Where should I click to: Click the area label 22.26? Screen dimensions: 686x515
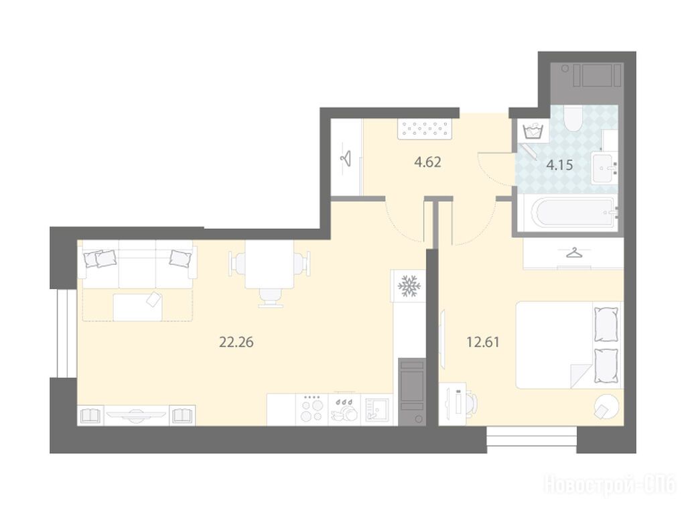(x=236, y=342)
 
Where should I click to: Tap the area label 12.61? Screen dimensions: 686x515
(x=483, y=342)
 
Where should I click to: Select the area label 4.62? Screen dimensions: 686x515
(x=427, y=162)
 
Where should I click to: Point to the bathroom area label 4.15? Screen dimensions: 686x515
(x=560, y=166)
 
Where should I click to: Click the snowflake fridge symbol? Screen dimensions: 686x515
(x=409, y=286)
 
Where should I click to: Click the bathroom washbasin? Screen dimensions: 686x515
(x=605, y=168)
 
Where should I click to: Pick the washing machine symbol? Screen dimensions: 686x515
(x=533, y=131)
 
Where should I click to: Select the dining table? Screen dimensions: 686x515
(x=269, y=265)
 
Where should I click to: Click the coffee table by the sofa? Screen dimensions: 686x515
(x=137, y=306)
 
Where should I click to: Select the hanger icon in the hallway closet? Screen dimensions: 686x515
(x=347, y=158)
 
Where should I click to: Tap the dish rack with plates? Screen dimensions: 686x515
(x=344, y=410)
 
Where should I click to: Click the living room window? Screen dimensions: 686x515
(x=64, y=333)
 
